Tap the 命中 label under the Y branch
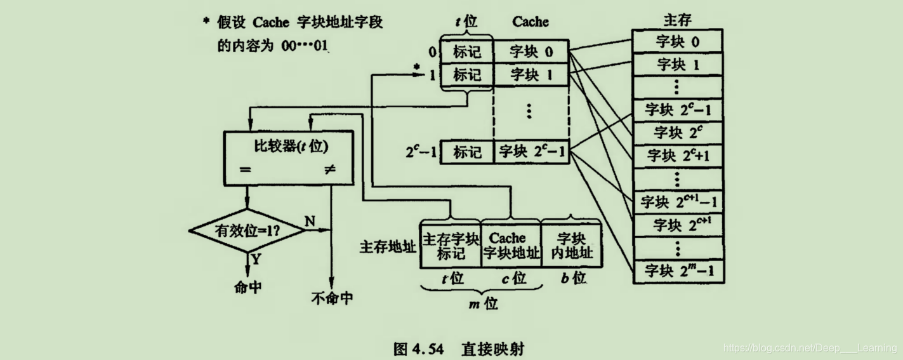247,287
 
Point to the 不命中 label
332,297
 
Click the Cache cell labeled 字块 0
531,51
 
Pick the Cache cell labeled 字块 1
531,75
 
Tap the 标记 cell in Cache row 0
466,51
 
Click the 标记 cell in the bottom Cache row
466,152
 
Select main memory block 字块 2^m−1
678,271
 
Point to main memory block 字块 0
678,42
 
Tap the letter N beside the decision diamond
310,220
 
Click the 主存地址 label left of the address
388,246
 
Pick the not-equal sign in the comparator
330,170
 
